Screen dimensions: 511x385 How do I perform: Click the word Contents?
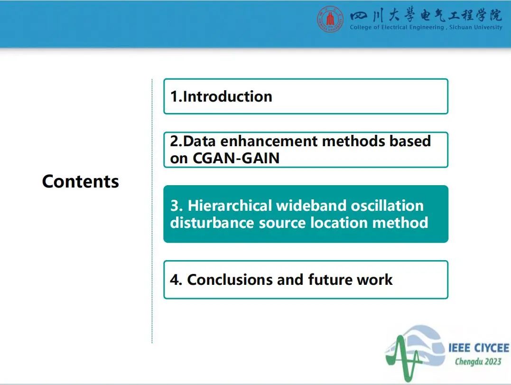81,181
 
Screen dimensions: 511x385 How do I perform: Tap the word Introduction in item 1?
227,96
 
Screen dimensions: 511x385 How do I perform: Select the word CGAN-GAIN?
236,158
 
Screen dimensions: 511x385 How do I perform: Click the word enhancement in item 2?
269,141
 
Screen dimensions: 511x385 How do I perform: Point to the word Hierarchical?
230,206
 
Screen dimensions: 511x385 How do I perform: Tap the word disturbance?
212,223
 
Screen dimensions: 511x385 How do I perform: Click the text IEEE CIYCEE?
479,348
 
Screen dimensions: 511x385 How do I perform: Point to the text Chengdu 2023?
478,361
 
